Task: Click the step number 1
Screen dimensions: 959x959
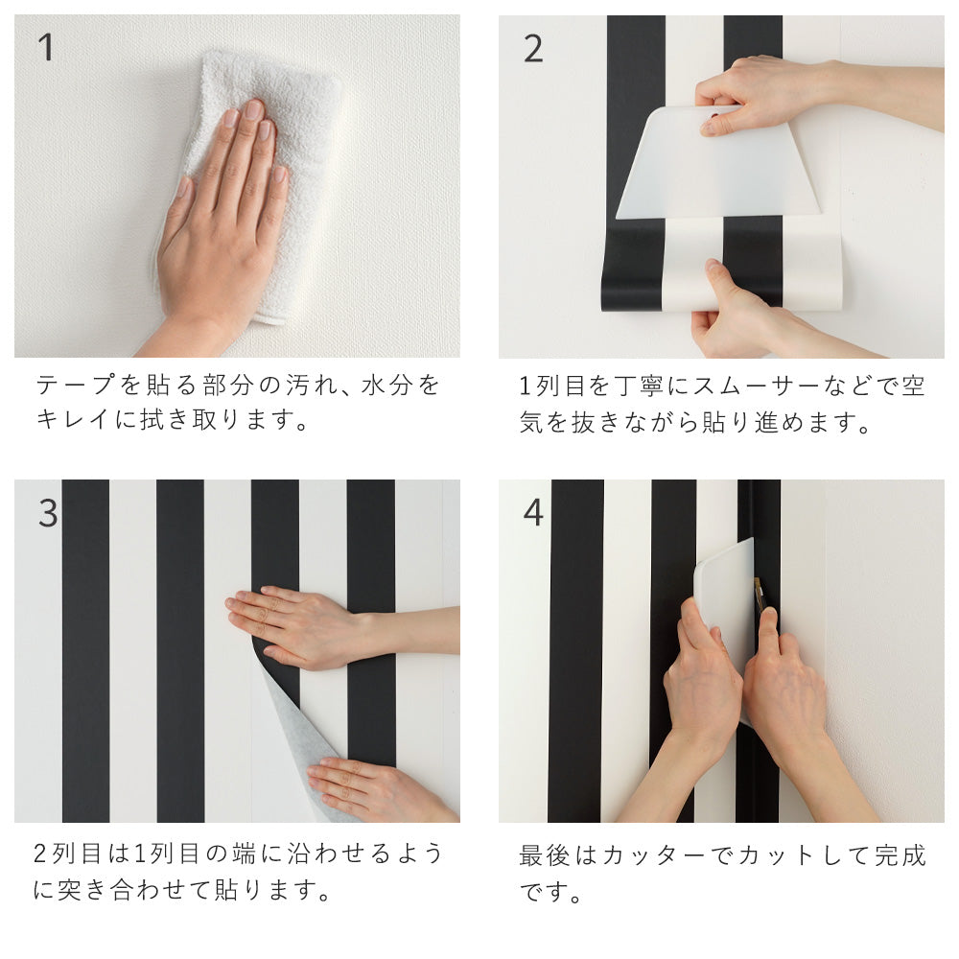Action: tap(45, 47)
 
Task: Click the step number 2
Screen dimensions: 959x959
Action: tap(533, 48)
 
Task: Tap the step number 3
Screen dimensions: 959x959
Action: tap(48, 514)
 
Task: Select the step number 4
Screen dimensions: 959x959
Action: tap(533, 513)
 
